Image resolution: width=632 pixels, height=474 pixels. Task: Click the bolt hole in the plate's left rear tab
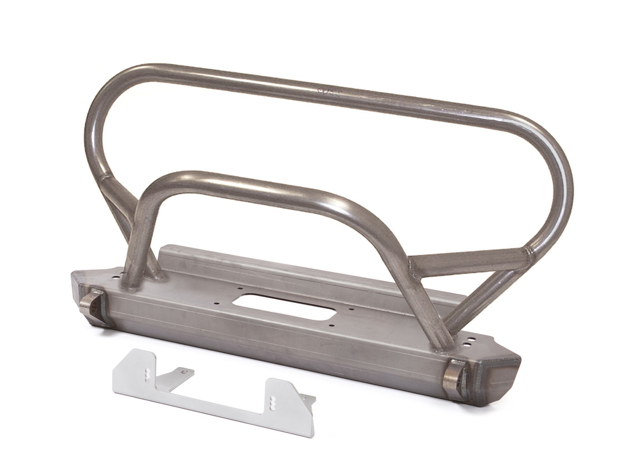(184, 372)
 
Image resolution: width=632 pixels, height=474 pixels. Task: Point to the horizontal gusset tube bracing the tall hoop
(469, 262)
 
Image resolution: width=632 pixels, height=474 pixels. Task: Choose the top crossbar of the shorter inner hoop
(253, 184)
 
